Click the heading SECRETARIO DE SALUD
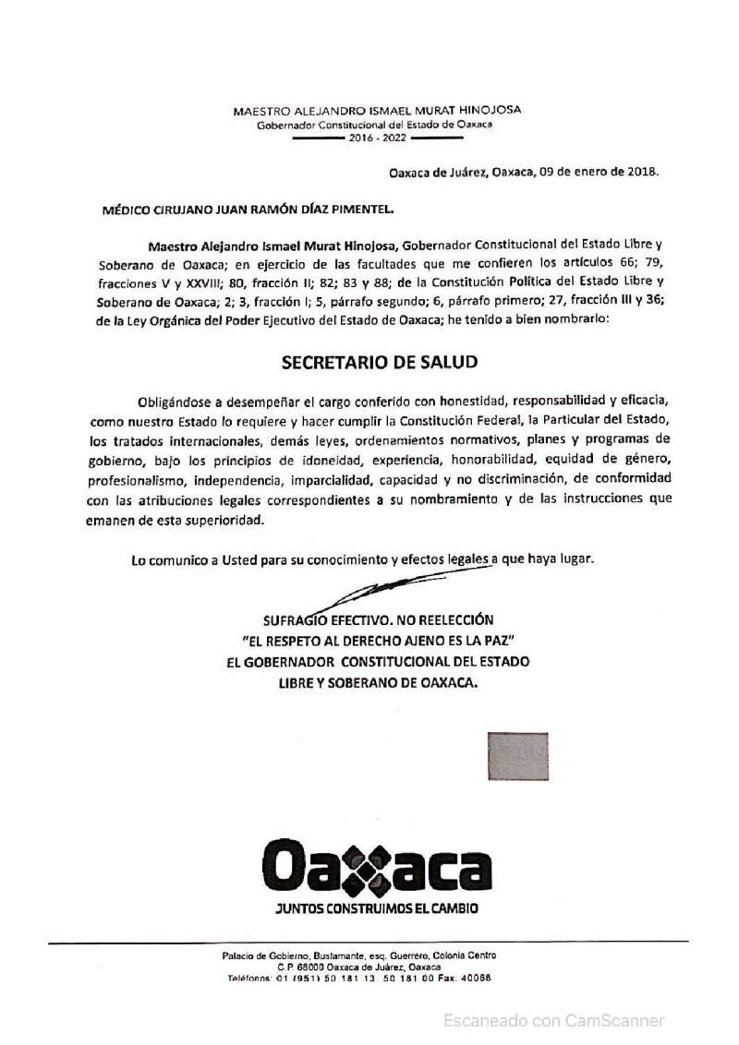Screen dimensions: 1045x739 click(379, 363)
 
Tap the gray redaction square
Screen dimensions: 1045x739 click(517, 757)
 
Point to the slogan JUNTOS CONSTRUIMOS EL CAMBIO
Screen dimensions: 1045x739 click(377, 909)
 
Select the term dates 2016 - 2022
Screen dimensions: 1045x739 click(377, 138)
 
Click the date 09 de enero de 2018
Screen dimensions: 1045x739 click(600, 172)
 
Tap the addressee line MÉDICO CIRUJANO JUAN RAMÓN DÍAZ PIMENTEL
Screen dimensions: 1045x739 click(248, 210)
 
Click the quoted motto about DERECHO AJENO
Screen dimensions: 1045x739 click(377, 641)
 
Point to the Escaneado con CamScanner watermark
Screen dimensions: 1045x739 click(553, 1020)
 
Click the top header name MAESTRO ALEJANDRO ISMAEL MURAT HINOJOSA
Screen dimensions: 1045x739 click(377, 109)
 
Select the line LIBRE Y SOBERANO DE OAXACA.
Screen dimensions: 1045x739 click(379, 683)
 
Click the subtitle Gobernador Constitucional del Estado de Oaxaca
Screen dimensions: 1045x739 click(377, 124)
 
